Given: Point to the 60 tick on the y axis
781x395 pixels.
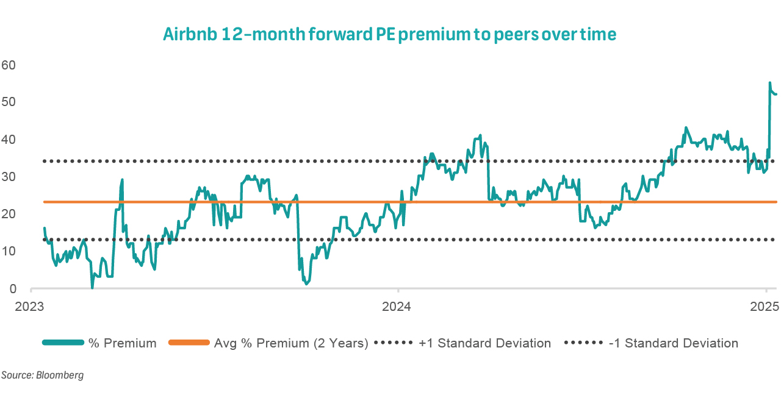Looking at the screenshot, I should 9,64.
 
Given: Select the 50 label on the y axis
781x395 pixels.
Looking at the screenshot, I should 9,101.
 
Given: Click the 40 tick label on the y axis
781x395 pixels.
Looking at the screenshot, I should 9,139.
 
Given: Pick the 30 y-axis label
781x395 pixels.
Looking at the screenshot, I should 9,176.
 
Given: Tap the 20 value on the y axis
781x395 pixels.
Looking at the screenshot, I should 9,214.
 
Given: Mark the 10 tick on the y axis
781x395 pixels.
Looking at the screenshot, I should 9,251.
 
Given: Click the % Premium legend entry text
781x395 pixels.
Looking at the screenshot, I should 122,343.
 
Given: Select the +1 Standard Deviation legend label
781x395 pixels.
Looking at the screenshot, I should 484,343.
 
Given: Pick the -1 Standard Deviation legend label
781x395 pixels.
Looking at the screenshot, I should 673,343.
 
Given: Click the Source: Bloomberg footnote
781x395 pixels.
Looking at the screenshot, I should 42,375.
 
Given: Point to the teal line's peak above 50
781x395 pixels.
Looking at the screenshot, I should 769,83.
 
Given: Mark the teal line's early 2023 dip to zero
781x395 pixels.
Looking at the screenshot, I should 92,287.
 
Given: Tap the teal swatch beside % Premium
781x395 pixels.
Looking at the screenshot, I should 62,343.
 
